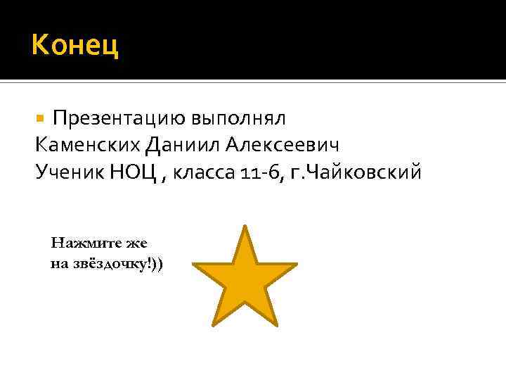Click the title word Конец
coord(75,47)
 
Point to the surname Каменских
coord(87,145)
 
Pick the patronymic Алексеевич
coord(283,145)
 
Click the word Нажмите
coord(79,243)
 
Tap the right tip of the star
coord(294,265)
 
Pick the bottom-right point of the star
coord(275,324)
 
